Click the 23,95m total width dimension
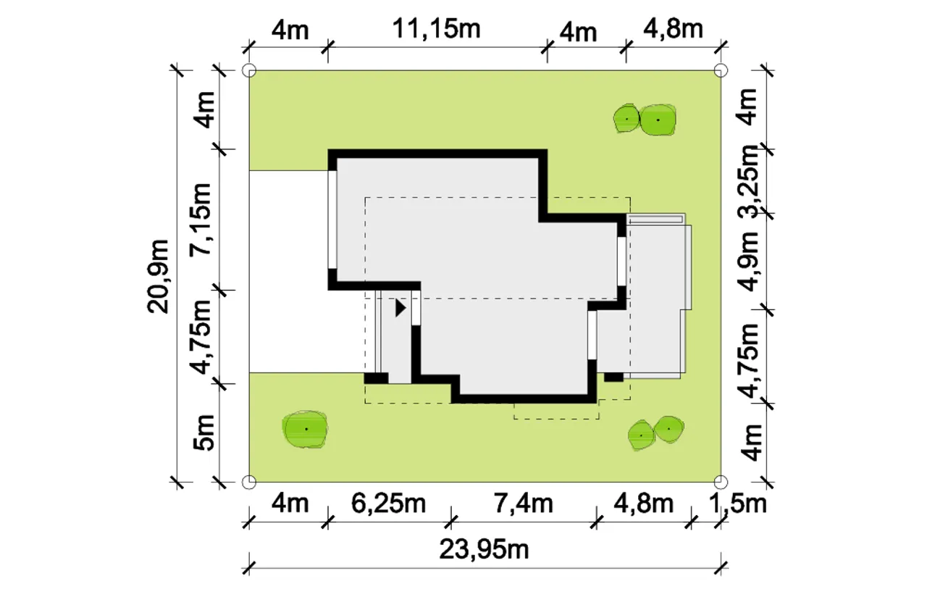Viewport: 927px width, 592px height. click(484, 550)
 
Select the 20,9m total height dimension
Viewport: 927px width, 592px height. click(158, 277)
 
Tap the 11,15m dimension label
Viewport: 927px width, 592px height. click(436, 30)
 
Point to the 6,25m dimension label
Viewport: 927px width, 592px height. click(388, 504)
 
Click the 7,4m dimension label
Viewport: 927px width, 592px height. click(523, 504)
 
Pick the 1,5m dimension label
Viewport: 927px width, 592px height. click(738, 504)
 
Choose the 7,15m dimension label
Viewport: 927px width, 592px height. click(201, 220)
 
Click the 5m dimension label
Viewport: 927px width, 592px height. click(204, 432)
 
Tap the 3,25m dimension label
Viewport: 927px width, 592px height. click(748, 181)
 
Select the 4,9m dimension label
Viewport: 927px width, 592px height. click(748, 262)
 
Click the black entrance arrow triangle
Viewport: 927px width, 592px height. click(400, 309)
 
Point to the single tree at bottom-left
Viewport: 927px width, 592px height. click(305, 429)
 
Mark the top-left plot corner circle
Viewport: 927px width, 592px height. click(249, 70)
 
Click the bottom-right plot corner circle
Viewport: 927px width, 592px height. click(721, 482)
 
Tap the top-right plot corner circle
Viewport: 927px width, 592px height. click(721, 70)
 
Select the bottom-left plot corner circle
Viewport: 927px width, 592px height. click(249, 482)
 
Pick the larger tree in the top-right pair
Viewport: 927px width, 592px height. click(658, 120)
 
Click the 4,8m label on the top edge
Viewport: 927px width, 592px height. click(673, 30)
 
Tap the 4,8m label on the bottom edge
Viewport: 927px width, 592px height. click(644, 504)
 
